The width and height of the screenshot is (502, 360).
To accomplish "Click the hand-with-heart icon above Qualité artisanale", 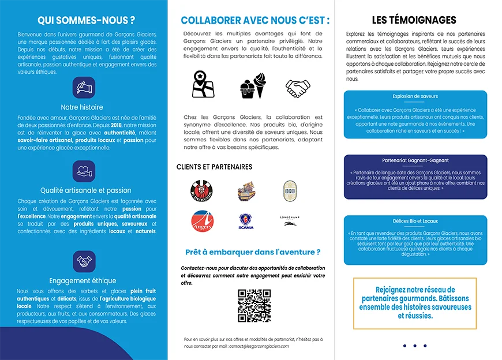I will [x=84, y=171].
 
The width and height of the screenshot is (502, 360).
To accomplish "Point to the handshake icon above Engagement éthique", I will [x=84, y=261].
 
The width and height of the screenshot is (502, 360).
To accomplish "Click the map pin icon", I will [x=203, y=84].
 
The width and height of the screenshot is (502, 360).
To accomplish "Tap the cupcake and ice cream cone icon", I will [x=253, y=87].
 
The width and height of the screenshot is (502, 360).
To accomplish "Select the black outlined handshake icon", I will [x=298, y=88].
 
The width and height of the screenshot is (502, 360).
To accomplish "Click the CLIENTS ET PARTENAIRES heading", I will [x=214, y=167].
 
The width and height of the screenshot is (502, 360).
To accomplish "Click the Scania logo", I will [x=246, y=222].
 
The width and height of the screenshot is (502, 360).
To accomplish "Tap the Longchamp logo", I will [x=290, y=220].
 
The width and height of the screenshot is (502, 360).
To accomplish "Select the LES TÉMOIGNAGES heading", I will [x=414, y=20].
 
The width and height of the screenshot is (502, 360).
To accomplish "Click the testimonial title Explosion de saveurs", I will [x=415, y=96].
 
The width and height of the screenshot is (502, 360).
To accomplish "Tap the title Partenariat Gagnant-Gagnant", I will [x=415, y=160].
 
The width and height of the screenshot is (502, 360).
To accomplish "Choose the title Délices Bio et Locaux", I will [x=415, y=221].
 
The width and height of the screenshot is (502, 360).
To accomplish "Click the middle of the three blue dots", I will [x=415, y=346].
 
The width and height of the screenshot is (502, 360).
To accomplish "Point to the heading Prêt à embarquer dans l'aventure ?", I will [x=253, y=252].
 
